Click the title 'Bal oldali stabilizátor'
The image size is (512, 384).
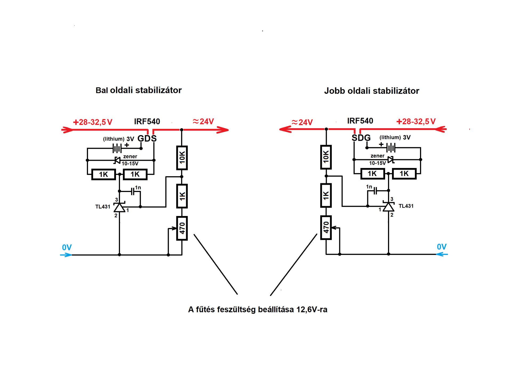click(138, 90)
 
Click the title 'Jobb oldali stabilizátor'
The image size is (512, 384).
click(371, 91)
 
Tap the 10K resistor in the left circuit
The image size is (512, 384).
click(182, 158)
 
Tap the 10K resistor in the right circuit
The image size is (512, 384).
click(326, 157)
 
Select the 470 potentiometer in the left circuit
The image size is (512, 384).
click(182, 228)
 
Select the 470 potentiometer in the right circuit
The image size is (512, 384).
click(326, 227)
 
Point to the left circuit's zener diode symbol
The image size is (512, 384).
click(117, 160)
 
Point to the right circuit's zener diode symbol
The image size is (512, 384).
click(391, 160)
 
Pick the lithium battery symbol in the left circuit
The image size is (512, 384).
click(117, 148)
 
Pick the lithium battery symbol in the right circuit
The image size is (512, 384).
click(391, 147)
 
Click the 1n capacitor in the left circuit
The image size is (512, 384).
click(133, 191)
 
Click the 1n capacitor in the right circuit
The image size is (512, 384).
click(375, 191)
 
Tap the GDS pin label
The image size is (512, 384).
click(147, 138)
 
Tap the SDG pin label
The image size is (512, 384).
click(361, 138)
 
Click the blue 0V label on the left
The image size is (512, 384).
click(67, 247)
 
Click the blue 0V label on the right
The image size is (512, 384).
click(442, 247)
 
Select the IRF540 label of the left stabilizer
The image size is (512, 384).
click(147, 122)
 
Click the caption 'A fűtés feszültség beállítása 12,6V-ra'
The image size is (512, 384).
click(258, 309)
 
